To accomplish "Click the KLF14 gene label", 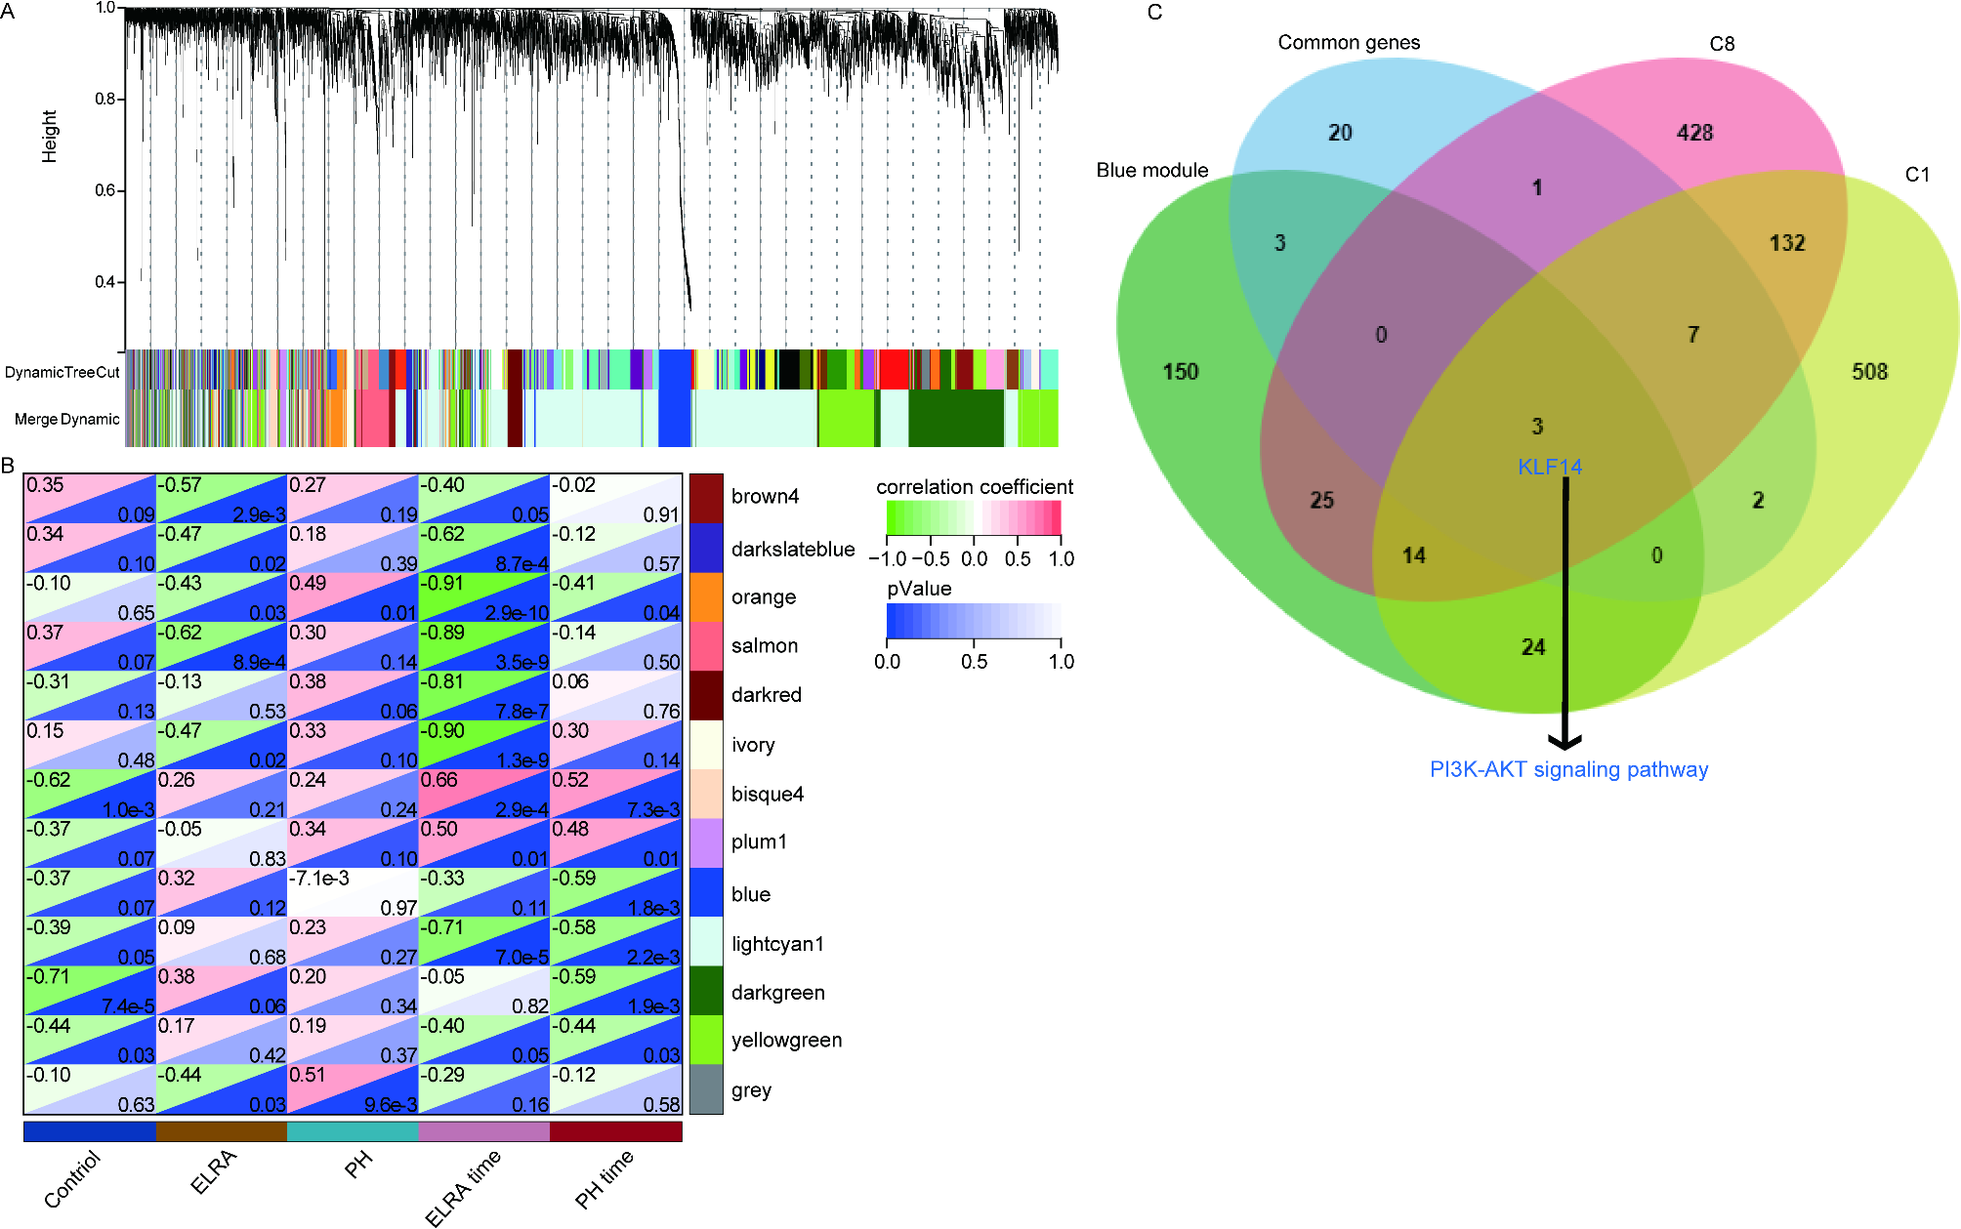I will (1549, 467).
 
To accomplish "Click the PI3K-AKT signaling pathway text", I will (1568, 769).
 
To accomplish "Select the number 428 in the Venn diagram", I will (1694, 133).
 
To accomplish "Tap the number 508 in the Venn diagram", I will (1869, 372).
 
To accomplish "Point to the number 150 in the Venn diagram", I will (1180, 372).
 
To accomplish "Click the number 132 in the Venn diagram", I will (1787, 243).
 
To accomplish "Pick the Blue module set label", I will (1151, 171).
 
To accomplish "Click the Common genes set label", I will (1349, 43).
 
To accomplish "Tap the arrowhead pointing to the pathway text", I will (1565, 741).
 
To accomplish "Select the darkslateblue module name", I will (792, 550).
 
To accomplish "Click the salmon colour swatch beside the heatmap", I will (706, 646).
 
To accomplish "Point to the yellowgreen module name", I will (786, 1041).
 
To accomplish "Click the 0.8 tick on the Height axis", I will (105, 100).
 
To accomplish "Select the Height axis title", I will (50, 136).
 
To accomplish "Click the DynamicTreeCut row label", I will (63, 372).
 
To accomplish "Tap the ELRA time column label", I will (463, 1185).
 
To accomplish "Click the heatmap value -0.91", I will (441, 584).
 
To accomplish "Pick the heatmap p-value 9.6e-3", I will (391, 1104).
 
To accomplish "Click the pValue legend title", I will (918, 589).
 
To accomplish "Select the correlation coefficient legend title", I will (974, 487).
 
